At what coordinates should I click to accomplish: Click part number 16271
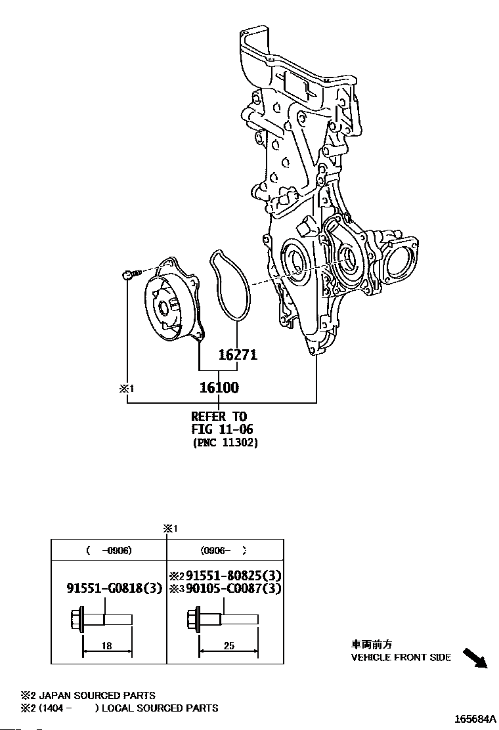point(237,355)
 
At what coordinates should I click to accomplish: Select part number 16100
point(219,387)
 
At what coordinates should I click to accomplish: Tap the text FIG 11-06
point(222,429)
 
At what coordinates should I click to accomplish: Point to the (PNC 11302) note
point(225,443)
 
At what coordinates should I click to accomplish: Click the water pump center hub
point(163,307)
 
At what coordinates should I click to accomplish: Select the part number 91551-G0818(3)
point(114,588)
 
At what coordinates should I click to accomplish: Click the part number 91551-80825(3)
point(230,574)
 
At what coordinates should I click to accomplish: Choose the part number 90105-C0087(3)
point(230,588)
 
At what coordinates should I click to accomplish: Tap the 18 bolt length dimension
point(107,646)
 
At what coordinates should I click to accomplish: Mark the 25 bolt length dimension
point(228,646)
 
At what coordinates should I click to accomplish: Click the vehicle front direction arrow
point(475,657)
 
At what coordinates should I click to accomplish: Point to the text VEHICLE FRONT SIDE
point(401,657)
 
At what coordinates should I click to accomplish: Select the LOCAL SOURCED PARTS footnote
point(160,708)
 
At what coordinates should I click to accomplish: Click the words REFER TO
point(219,416)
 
